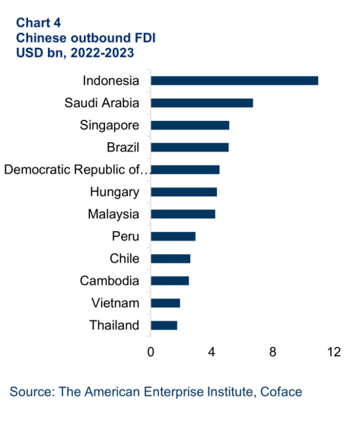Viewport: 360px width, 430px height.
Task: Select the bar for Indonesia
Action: pyautogui.click(x=234, y=81)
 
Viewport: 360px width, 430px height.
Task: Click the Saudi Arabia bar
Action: pyautogui.click(x=202, y=103)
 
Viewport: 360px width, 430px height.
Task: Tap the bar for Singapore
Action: pyautogui.click(x=190, y=125)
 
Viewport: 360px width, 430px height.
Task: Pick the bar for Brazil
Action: pyautogui.click(x=189, y=147)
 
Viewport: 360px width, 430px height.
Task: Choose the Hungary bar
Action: pyautogui.click(x=184, y=192)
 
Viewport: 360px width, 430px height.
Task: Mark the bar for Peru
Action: pyautogui.click(x=173, y=236)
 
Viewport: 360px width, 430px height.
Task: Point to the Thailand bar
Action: pyautogui.click(x=164, y=325)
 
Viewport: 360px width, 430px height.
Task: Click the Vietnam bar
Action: pyautogui.click(x=165, y=303)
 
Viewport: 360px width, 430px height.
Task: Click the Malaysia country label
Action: pyautogui.click(x=114, y=214)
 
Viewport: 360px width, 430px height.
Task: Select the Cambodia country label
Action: pyautogui.click(x=110, y=281)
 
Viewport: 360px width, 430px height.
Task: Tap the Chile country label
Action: pyautogui.click(x=124, y=259)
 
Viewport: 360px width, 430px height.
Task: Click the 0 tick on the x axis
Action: pyautogui.click(x=151, y=352)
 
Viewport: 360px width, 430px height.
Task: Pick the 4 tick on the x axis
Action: pyautogui.click(x=212, y=352)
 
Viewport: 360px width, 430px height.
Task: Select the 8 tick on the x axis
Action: pyautogui.click(x=273, y=352)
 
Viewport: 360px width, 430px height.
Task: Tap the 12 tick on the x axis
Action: pyautogui.click(x=334, y=352)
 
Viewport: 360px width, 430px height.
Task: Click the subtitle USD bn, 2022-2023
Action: pyautogui.click(x=75, y=52)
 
